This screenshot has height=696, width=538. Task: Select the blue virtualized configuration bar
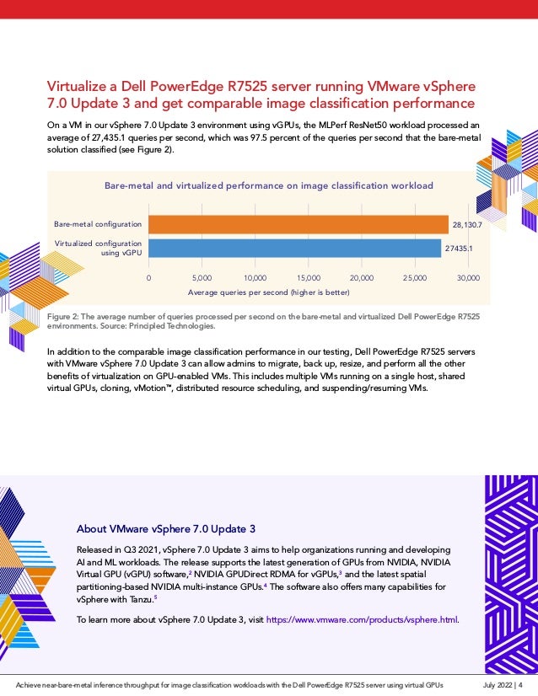295,248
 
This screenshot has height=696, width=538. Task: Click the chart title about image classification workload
268,185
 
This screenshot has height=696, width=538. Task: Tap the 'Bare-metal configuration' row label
98,224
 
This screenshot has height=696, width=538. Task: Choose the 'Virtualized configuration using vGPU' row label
98,247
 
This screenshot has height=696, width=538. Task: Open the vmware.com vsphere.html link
362,620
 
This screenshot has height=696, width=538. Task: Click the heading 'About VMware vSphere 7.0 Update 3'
165,529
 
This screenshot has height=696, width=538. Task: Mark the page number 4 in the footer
520,685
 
